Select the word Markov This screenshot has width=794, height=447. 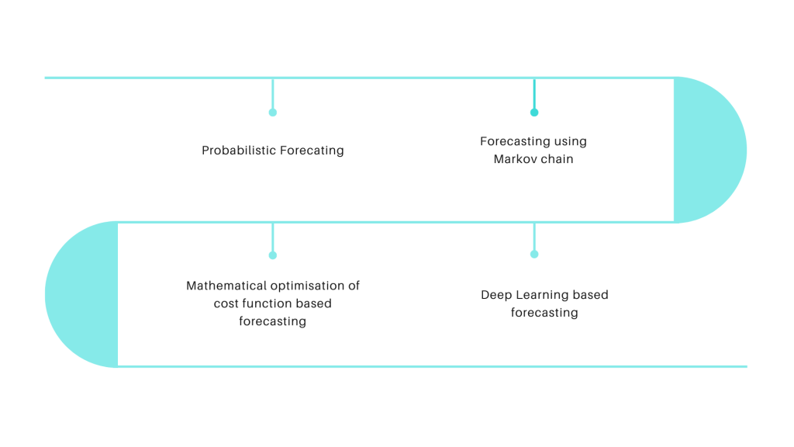pyautogui.click(x=514, y=160)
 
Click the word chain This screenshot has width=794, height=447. pyautogui.click(x=555, y=160)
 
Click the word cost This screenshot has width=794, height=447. pyautogui.click(x=226, y=303)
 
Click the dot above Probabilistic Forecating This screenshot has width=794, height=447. pyautogui.click(x=272, y=113)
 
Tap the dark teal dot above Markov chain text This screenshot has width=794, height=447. pyautogui.click(x=534, y=113)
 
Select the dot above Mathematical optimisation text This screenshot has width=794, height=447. pyautogui.click(x=272, y=255)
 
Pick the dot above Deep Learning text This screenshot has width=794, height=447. pyautogui.click(x=534, y=254)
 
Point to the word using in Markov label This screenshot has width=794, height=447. pyautogui.click(x=571, y=141)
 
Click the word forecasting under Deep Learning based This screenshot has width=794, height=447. pyautogui.click(x=544, y=313)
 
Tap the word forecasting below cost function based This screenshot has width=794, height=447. pyautogui.click(x=272, y=321)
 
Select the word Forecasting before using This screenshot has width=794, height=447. pyautogui.click(x=515, y=141)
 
